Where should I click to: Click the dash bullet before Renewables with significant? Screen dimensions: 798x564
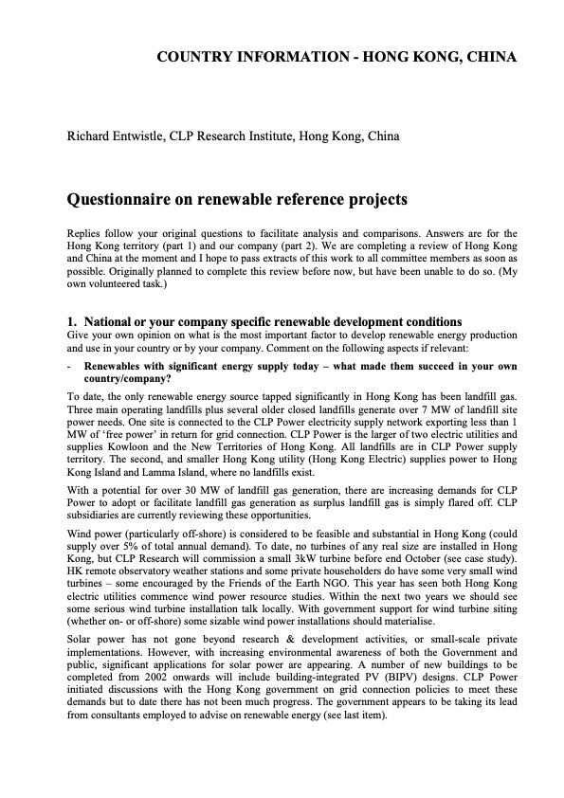[x=69, y=365]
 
